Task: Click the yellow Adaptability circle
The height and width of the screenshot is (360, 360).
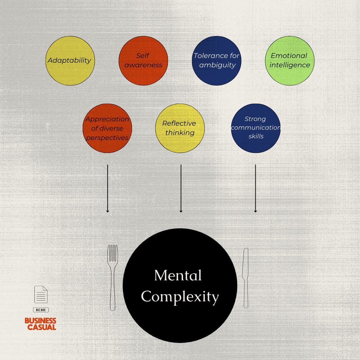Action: click(70, 61)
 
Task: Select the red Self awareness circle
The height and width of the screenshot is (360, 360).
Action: click(143, 61)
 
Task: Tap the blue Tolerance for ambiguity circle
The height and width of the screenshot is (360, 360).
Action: click(217, 61)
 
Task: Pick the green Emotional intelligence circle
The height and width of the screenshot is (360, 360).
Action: click(290, 61)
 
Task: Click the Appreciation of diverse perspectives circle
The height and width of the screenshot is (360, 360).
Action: click(107, 128)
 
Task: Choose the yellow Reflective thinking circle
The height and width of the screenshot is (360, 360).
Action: click(180, 128)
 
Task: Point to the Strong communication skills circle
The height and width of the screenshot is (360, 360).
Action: click(256, 128)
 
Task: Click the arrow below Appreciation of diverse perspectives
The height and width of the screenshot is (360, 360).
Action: click(108, 188)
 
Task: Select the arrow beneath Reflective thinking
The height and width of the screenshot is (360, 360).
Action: click(181, 188)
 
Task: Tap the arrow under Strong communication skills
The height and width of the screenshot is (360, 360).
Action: click(255, 188)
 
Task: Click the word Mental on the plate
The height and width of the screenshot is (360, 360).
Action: click(178, 276)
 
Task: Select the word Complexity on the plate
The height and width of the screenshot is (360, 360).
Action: click(180, 296)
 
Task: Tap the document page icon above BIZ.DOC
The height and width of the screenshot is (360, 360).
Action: click(41, 294)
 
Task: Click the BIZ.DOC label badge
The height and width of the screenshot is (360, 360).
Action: click(41, 310)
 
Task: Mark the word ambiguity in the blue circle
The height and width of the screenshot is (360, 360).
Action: click(217, 65)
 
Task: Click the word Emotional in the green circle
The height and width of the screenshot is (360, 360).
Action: click(289, 56)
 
